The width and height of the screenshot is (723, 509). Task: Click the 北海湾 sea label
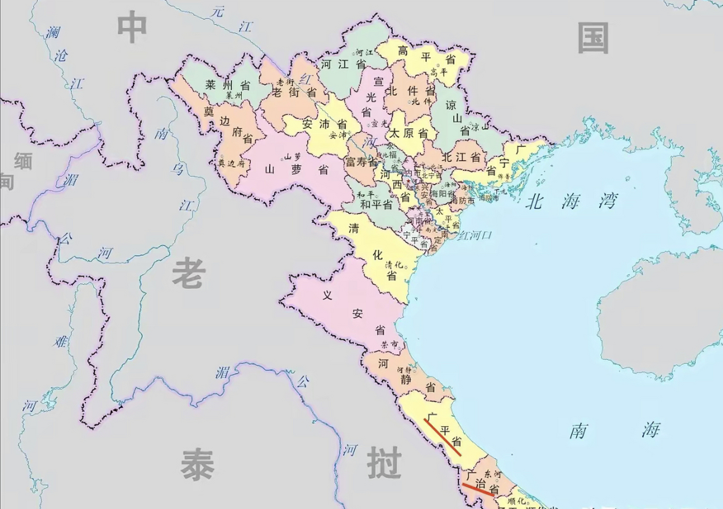(x=571, y=201)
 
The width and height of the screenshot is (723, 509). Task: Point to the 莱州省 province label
(x=227, y=85)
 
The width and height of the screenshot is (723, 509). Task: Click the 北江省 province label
(x=461, y=157)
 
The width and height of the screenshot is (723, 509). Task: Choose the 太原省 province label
(x=408, y=133)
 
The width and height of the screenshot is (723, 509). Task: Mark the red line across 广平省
(x=442, y=437)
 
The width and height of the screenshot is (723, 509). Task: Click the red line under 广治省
(x=478, y=490)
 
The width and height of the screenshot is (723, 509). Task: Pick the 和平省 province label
(x=376, y=205)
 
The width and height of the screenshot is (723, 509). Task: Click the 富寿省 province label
(x=361, y=162)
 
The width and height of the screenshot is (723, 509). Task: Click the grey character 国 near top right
(x=593, y=38)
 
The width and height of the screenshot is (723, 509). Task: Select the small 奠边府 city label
(x=231, y=163)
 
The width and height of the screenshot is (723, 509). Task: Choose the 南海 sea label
(x=614, y=431)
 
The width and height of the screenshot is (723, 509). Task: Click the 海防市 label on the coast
(x=463, y=201)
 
